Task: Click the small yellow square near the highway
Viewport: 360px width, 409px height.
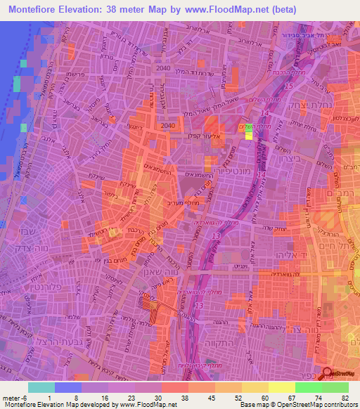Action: pos(248,136)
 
